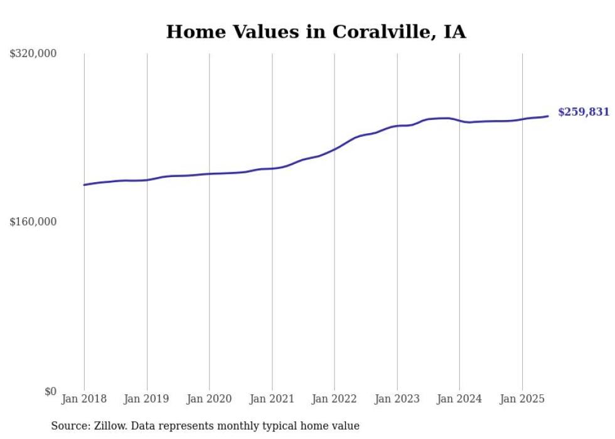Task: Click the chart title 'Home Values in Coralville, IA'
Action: click(x=316, y=32)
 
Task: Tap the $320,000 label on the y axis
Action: click(x=33, y=54)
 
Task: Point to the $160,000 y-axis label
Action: click(x=33, y=222)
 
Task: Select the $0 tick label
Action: click(x=50, y=391)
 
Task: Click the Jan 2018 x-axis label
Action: click(x=84, y=399)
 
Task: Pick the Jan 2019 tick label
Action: click(x=147, y=399)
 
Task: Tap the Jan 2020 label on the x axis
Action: click(x=209, y=399)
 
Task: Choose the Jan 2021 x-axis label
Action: click(x=272, y=399)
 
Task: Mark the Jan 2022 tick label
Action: click(x=334, y=399)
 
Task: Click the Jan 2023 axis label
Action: click(x=397, y=399)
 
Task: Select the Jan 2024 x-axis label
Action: click(x=459, y=399)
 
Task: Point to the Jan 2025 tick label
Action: click(x=522, y=399)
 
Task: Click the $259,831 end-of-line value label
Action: click(x=584, y=112)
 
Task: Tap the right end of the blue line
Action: click(x=548, y=116)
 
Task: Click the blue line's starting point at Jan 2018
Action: click(x=84, y=185)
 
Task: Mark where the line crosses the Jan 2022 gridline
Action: click(x=334, y=149)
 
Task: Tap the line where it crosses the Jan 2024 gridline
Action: click(x=459, y=120)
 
